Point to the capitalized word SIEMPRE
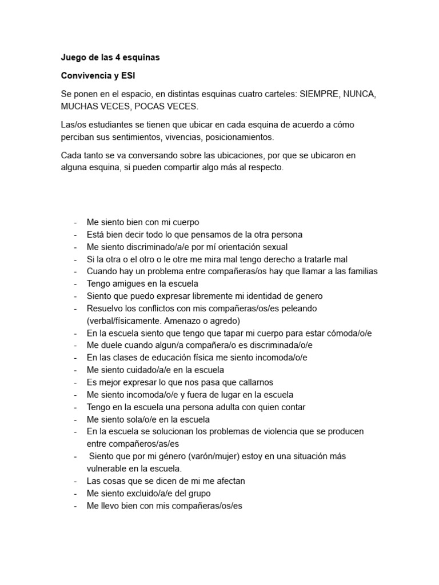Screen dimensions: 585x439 coord(320,94)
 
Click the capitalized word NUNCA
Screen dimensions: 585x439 coord(359,94)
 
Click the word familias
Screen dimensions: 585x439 coord(360,271)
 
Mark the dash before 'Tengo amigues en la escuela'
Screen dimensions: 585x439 coord(75,283)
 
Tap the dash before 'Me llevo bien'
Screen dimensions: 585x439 coord(75,506)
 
